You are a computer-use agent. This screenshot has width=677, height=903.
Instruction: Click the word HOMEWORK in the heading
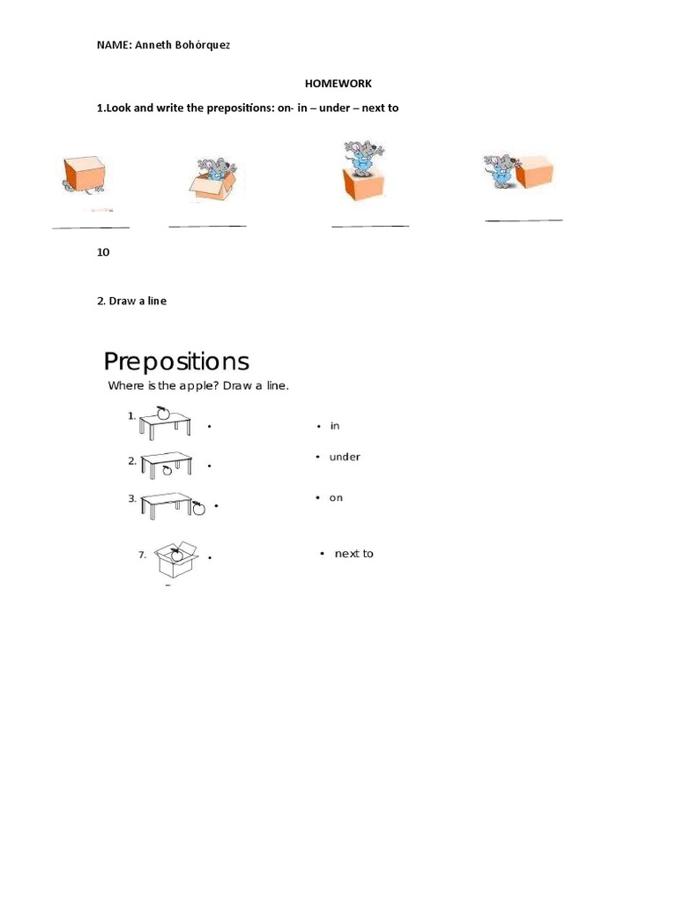coord(338,84)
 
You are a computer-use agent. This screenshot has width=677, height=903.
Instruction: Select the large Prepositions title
coord(176,362)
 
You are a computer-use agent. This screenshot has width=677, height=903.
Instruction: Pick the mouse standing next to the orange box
coord(500,170)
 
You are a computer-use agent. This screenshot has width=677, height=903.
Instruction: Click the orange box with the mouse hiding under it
coord(84,174)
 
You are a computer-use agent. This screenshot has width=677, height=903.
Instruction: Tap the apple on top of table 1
coord(162,412)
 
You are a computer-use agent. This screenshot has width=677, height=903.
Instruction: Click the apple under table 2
coord(167,471)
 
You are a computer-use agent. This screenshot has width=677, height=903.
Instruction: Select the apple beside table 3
coord(198,507)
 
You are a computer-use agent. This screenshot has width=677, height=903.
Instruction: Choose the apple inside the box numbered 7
coord(176,555)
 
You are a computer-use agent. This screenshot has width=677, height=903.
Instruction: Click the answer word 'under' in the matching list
coord(345,457)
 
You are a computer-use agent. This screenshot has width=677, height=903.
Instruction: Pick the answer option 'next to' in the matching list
coord(353,554)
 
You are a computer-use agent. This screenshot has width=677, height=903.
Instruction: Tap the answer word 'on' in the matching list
coord(336,498)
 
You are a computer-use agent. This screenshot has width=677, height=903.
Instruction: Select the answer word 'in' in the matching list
coord(335,427)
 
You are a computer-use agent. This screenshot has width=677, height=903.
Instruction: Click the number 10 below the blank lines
coord(103,252)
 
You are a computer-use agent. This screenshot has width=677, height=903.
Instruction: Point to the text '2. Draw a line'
coord(131,301)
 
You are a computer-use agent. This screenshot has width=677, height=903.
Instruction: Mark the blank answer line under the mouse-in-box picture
coord(207,227)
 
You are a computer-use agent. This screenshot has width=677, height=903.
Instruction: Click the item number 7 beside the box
coord(142,556)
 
